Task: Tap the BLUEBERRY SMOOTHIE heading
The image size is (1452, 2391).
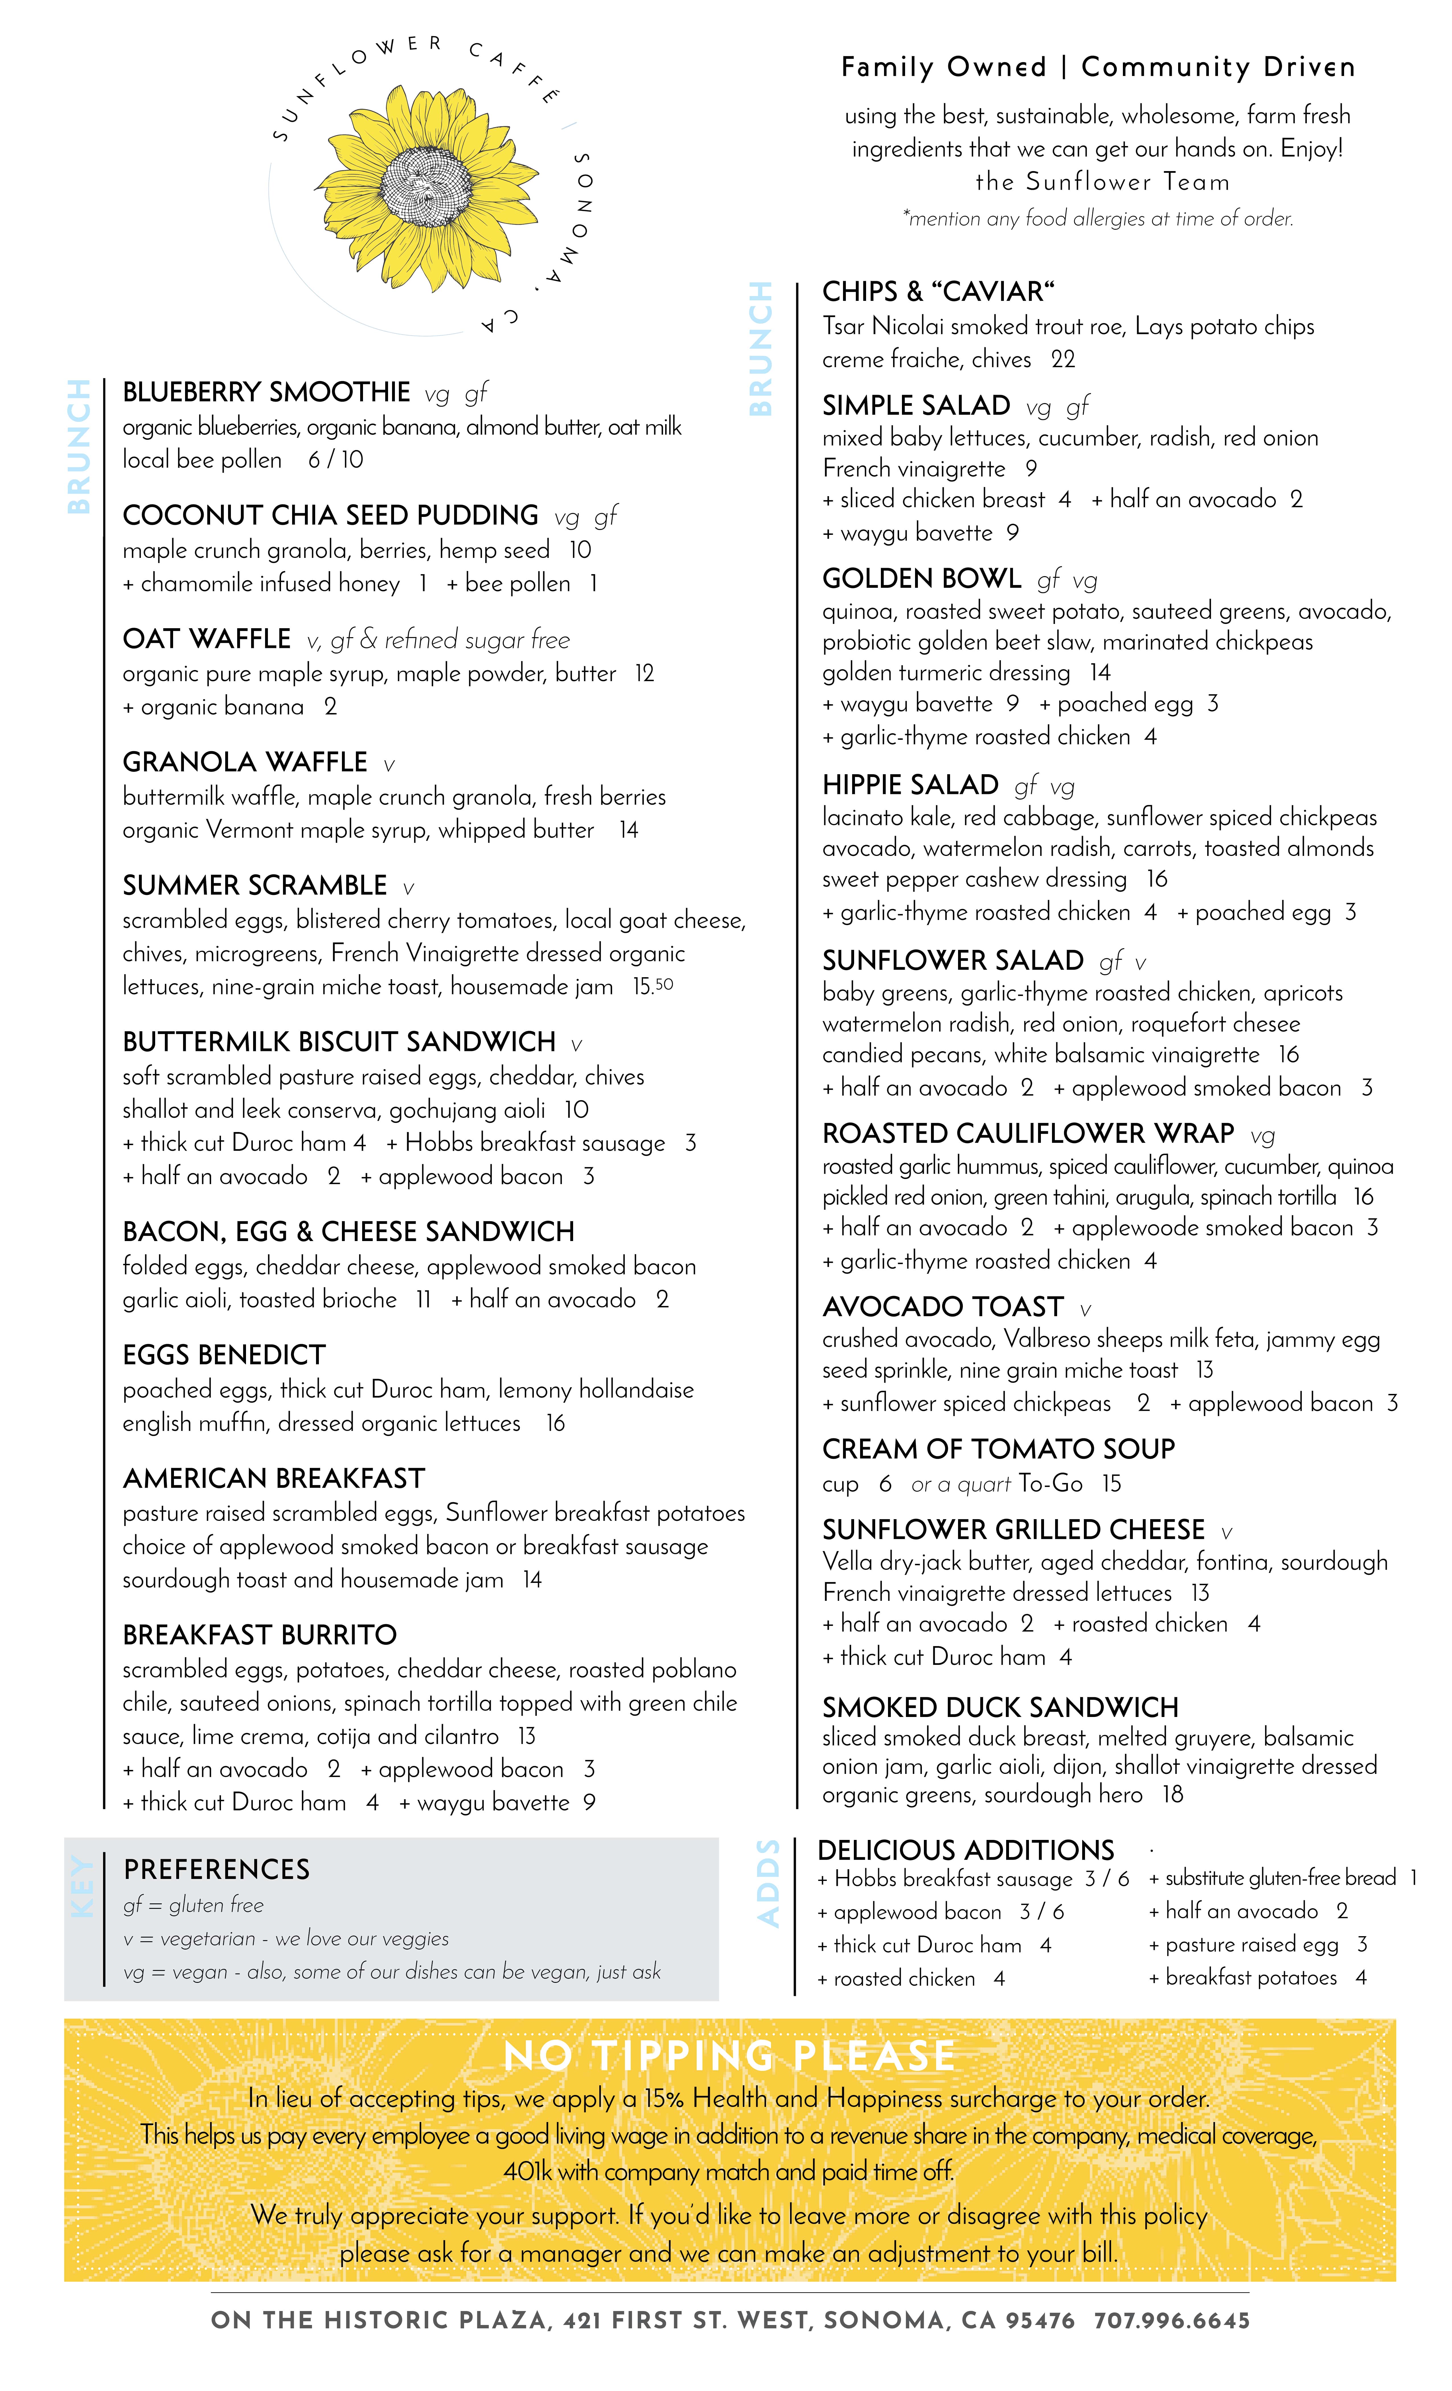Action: click(266, 392)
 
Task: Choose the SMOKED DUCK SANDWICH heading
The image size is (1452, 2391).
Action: click(1000, 1707)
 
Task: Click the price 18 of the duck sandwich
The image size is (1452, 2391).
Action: click(1172, 1794)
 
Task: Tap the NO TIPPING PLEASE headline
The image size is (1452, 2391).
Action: click(729, 2055)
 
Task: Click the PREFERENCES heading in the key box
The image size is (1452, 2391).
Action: click(216, 1869)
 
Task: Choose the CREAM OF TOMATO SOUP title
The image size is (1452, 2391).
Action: click(998, 1449)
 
